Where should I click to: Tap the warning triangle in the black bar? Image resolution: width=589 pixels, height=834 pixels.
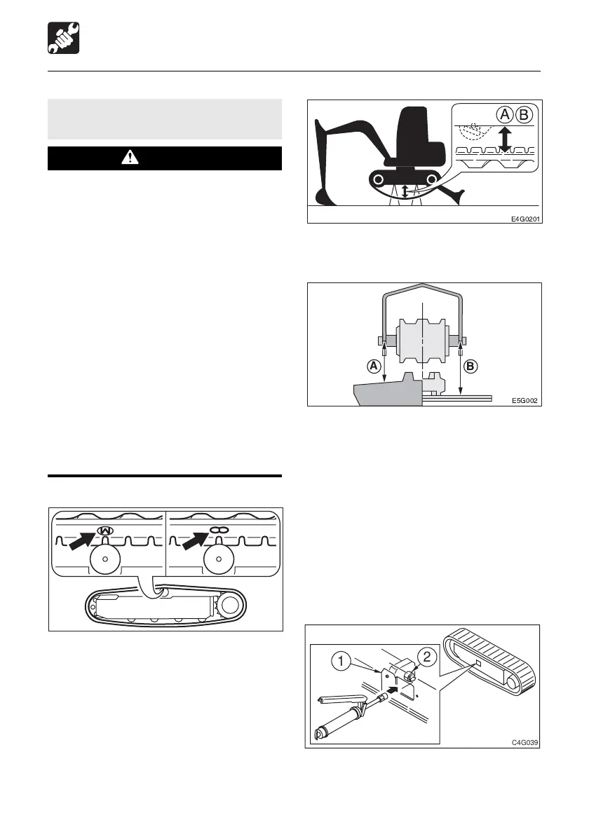pyautogui.click(x=130, y=158)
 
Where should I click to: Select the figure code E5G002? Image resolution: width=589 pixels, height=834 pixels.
pyautogui.click(x=527, y=402)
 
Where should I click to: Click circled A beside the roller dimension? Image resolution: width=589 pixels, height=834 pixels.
pyautogui.click(x=375, y=365)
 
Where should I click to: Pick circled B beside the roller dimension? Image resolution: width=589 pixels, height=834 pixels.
pyautogui.click(x=473, y=365)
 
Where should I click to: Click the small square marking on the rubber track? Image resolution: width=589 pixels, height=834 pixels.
pyautogui.click(x=478, y=662)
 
